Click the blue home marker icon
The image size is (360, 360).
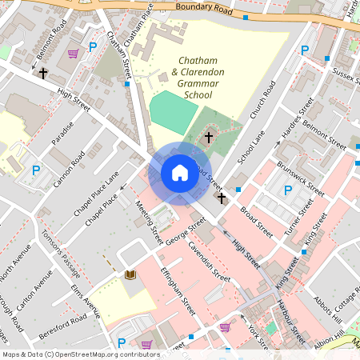point(179,173)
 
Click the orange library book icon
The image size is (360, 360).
point(130,275)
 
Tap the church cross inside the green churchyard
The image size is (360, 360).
point(209,138)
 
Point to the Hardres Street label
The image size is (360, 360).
point(295,126)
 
